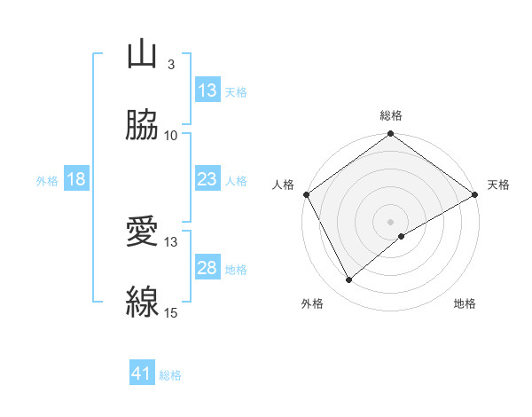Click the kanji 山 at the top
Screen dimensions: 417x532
pyautogui.click(x=142, y=54)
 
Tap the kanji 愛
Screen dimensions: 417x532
pyautogui.click(x=142, y=232)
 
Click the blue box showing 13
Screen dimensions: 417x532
pyautogui.click(x=207, y=90)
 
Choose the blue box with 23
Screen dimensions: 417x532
pyautogui.click(x=207, y=179)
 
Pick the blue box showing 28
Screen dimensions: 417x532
pyautogui.click(x=207, y=268)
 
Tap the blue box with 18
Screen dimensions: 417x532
pyautogui.click(x=76, y=179)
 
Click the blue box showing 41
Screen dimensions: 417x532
pyautogui.click(x=142, y=374)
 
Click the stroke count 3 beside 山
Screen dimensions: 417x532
pyautogui.click(x=170, y=65)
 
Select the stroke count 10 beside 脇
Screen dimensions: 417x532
pyautogui.click(x=171, y=136)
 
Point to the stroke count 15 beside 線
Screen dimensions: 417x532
pyautogui.click(x=171, y=313)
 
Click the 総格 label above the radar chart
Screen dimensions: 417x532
pyautogui.click(x=391, y=115)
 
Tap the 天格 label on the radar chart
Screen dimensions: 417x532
pyautogui.click(x=498, y=185)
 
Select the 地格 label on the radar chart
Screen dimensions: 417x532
pyautogui.click(x=465, y=304)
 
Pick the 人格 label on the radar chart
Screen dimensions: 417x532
pyautogui.click(x=283, y=185)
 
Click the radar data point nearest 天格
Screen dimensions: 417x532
pyautogui.click(x=475, y=194)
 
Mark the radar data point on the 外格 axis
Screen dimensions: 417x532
pyautogui.click(x=349, y=280)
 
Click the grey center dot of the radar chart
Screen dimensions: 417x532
pyautogui.click(x=391, y=221)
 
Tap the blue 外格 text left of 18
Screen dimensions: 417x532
pyautogui.click(x=47, y=180)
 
